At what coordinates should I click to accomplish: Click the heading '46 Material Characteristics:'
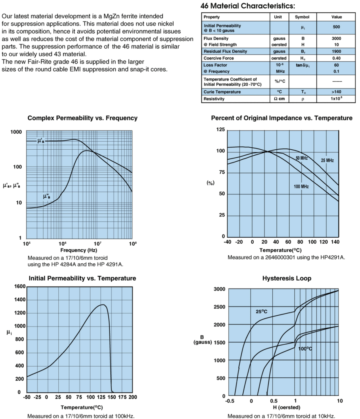coord(248,6)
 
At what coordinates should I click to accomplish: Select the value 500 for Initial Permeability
coord(336,27)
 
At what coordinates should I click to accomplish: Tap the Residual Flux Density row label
coord(225,51)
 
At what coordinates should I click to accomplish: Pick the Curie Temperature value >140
coord(336,92)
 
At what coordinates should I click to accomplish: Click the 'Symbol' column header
coord(302,17)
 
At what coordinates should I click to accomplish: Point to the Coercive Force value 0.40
coord(336,58)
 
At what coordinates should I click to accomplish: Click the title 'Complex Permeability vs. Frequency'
coord(82,118)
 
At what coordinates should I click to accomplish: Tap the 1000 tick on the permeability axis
coord(16,132)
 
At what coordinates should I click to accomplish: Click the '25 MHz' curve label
coord(327,160)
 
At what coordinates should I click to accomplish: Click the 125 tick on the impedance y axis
coord(220,130)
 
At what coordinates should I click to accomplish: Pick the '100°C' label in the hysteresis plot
coord(305,349)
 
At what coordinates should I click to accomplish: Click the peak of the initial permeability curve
coord(103,305)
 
